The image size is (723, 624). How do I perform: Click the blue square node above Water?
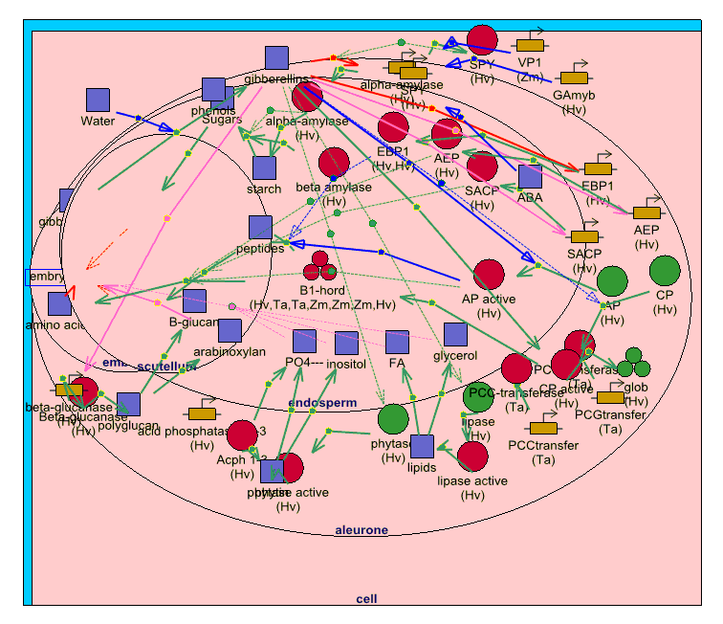point(99,100)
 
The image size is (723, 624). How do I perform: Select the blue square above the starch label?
point(265,167)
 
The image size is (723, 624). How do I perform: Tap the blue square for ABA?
point(530,177)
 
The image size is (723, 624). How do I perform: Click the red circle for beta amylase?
point(334,163)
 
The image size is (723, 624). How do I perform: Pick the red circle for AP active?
point(489,275)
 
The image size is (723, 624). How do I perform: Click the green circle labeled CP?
point(665,271)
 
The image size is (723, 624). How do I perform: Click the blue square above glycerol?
point(455,334)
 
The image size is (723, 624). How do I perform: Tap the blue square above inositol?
point(346,342)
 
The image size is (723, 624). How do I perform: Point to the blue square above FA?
point(397,342)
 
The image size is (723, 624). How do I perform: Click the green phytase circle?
point(393,419)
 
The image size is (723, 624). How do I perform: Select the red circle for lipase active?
point(472,457)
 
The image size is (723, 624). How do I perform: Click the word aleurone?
point(361,530)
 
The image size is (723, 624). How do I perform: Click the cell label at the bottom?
point(366,599)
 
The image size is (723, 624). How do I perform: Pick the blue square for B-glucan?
point(194,301)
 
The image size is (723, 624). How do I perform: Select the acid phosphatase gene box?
point(202,413)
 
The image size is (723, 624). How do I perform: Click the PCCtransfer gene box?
point(543,428)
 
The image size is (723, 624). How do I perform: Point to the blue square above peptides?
point(260,227)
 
